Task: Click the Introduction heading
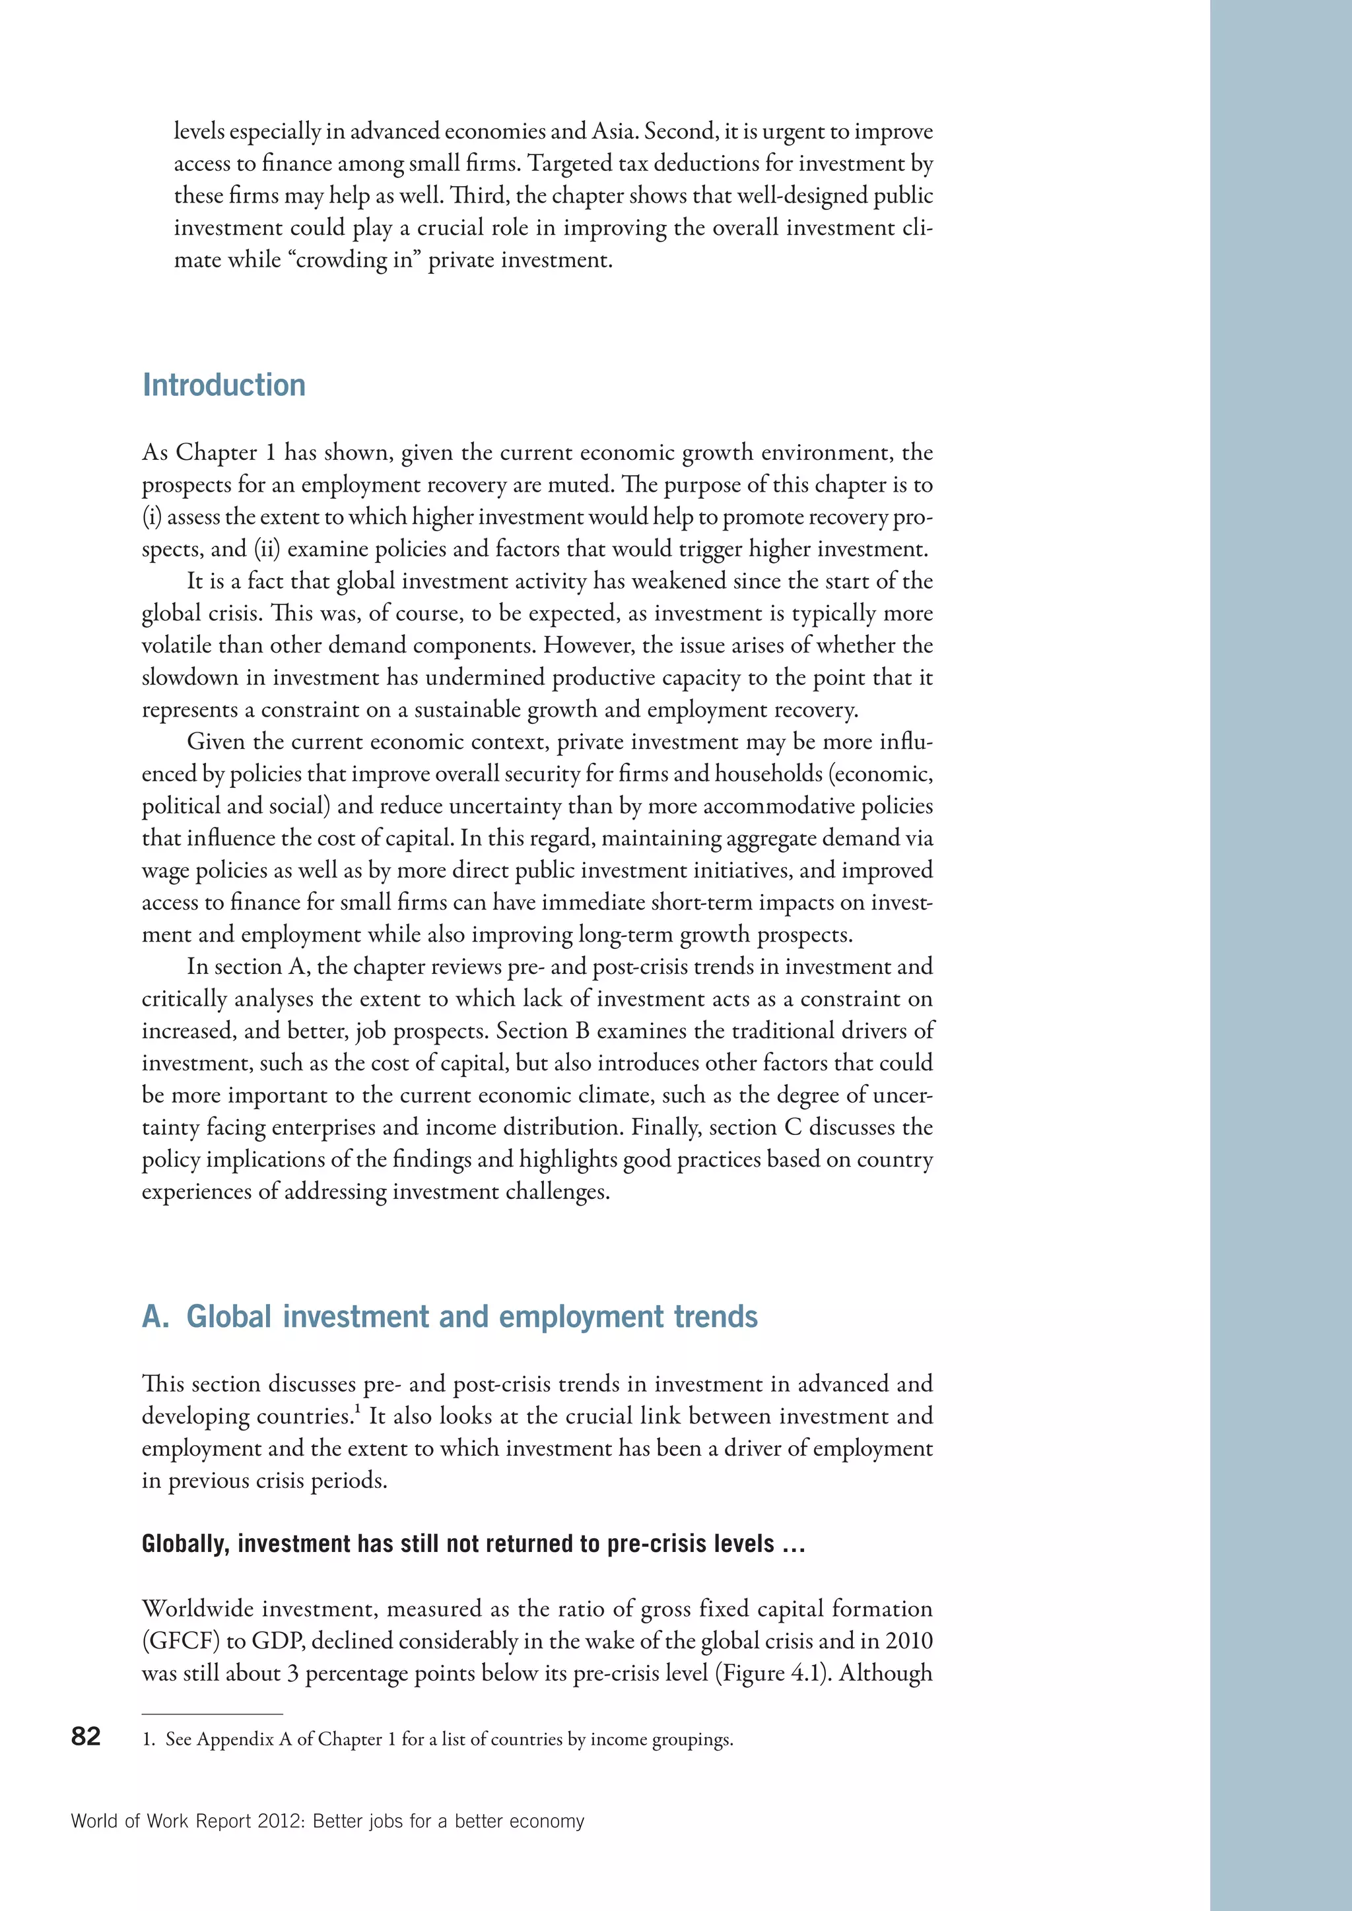224,385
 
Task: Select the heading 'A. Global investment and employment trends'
450,1316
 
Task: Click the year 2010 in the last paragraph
908,1641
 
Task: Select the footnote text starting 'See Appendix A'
449,1739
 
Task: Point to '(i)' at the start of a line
152,517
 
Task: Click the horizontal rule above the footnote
213,1714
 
